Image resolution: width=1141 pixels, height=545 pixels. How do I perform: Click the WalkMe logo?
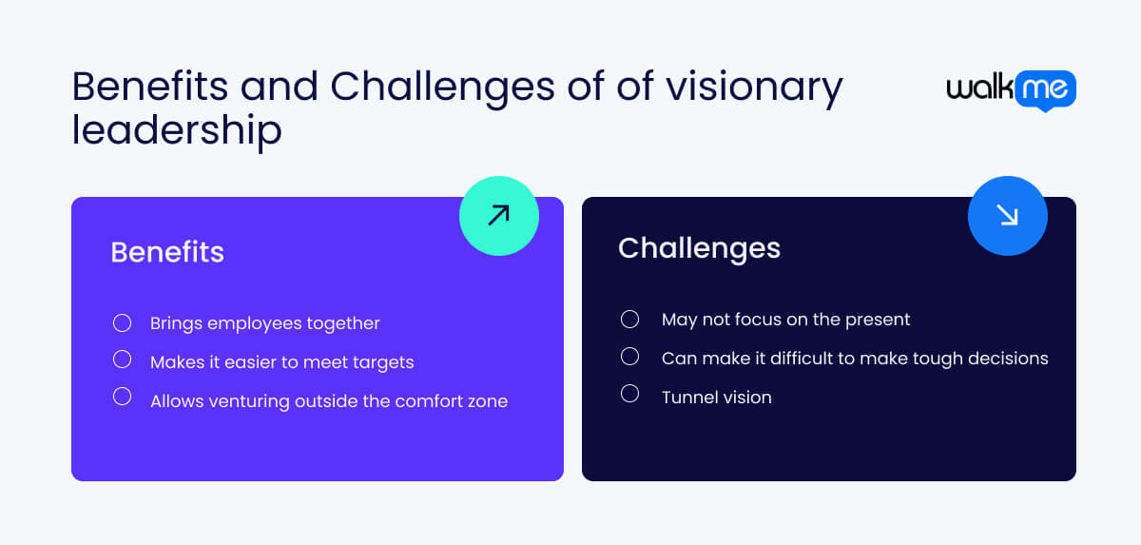click(x=1011, y=90)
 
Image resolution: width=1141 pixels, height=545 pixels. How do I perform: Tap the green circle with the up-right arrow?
click(x=498, y=216)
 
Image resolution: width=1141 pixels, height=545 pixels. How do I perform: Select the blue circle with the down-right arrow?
click(x=1007, y=216)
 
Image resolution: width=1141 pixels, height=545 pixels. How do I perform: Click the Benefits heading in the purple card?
click(x=167, y=252)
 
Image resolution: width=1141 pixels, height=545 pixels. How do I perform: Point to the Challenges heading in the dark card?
click(x=699, y=248)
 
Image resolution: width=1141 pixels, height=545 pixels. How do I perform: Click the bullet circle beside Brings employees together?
click(x=122, y=323)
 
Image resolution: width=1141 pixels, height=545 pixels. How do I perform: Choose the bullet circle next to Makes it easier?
click(x=122, y=360)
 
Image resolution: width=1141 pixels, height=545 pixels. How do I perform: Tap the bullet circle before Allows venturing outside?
click(x=122, y=397)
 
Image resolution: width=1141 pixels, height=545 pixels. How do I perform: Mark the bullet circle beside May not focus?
click(x=629, y=319)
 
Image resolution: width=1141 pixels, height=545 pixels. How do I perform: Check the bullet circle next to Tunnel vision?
click(x=629, y=393)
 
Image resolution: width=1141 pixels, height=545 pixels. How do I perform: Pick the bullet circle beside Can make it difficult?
click(x=629, y=356)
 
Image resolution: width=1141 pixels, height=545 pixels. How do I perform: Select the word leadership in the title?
click(x=177, y=129)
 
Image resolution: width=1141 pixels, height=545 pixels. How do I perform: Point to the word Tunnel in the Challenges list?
click(x=690, y=398)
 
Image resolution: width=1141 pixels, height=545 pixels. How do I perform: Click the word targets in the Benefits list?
click(x=381, y=362)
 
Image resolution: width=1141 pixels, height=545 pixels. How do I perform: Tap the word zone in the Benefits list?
click(x=487, y=401)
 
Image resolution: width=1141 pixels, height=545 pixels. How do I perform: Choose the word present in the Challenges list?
click(x=876, y=320)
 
